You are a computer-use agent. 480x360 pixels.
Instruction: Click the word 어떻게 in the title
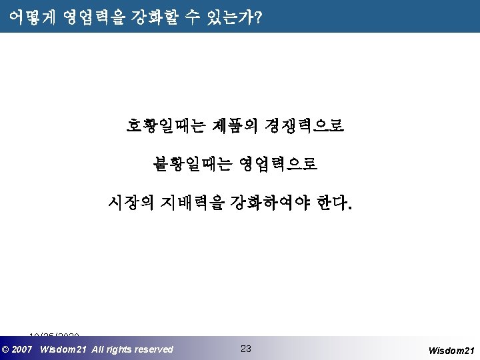click(x=31, y=18)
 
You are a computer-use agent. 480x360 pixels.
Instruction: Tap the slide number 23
click(x=245, y=349)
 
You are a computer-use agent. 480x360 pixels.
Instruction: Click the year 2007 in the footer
click(x=23, y=349)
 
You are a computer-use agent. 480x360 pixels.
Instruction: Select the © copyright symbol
click(x=6, y=349)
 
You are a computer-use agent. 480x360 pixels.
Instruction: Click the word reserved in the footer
click(x=153, y=349)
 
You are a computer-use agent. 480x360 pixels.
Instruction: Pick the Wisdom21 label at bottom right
click(x=451, y=350)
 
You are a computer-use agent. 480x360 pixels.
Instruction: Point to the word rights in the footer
click(x=117, y=349)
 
